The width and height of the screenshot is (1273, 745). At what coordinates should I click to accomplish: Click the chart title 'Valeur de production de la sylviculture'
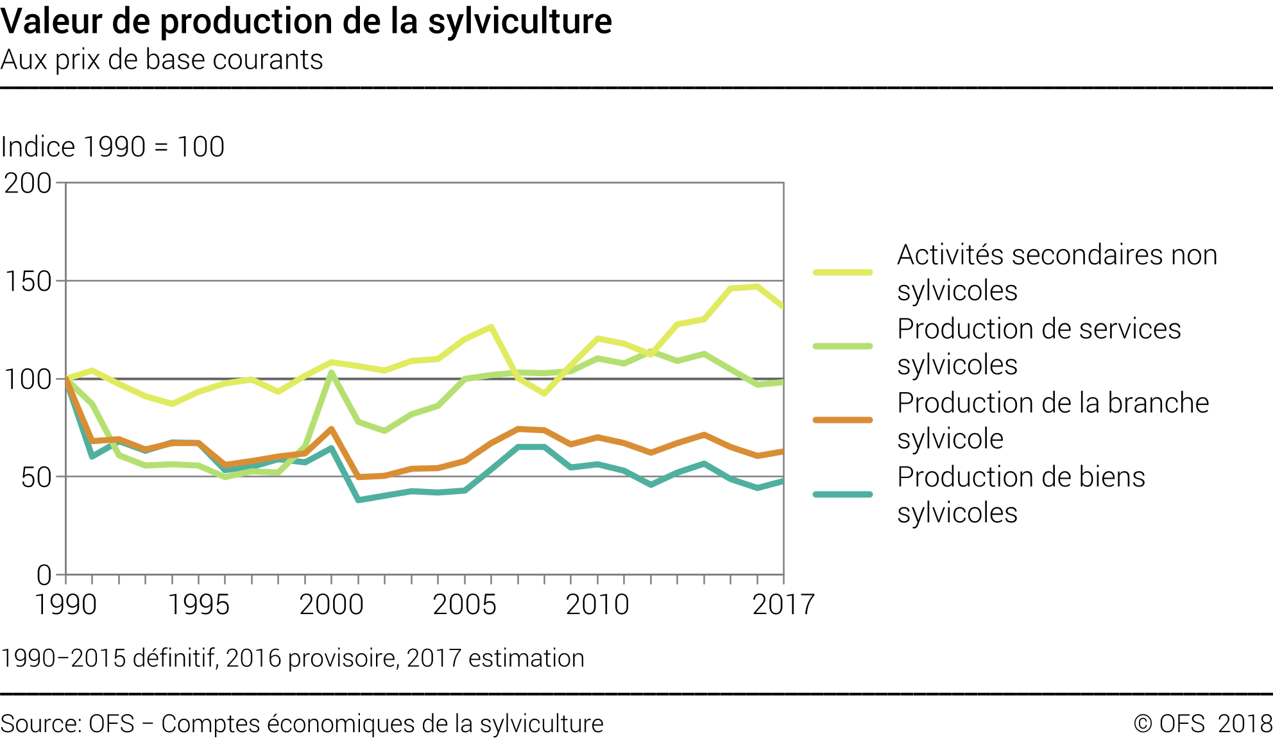[x=306, y=21]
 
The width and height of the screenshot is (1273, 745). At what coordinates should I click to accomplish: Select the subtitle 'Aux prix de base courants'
[x=162, y=60]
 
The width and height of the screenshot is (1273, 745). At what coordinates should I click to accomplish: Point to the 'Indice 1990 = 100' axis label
[x=113, y=147]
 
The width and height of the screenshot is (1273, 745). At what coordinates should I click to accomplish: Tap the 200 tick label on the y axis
[x=28, y=184]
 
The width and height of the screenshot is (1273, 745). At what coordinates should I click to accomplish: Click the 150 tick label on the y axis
[x=28, y=282]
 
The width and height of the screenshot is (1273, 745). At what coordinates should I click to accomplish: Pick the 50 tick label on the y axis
[x=36, y=477]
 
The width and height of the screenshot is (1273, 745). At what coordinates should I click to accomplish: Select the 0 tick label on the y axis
[x=44, y=576]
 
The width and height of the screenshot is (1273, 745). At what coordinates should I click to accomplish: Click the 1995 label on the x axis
[x=198, y=605]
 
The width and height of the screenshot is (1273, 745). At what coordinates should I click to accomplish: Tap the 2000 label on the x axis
[x=331, y=605]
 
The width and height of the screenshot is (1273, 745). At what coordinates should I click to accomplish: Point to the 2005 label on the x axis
[x=465, y=605]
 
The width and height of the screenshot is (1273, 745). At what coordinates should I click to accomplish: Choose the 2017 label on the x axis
[x=783, y=605]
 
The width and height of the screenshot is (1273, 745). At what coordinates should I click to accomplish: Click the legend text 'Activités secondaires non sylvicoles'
[x=1057, y=273]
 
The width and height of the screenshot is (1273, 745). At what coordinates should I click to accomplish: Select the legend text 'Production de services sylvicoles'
[x=1039, y=347]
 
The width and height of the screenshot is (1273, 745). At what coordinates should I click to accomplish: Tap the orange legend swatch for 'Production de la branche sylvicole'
[x=842, y=420]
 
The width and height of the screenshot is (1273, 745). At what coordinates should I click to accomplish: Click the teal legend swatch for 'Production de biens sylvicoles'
[x=842, y=495]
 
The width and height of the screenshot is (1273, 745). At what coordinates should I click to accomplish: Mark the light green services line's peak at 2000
[x=331, y=372]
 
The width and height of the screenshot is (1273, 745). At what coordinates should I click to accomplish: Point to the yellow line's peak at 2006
[x=491, y=327]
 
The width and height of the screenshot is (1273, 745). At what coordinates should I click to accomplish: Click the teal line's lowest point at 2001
[x=358, y=499]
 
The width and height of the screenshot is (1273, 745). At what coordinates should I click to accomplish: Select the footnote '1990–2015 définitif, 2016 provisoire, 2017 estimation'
[x=293, y=658]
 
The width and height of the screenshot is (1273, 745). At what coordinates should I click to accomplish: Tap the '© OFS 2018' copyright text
[x=1202, y=724]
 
